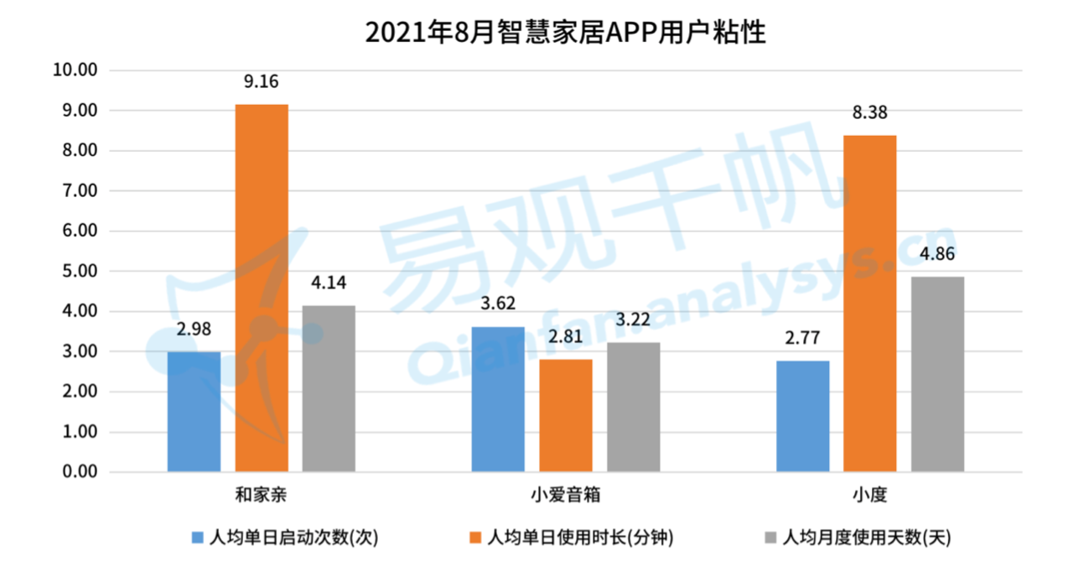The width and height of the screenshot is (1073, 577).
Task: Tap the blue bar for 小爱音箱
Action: click(x=498, y=399)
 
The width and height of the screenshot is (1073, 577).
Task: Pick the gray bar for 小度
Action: click(x=937, y=374)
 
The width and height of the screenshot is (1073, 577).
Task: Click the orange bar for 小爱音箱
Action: click(x=566, y=415)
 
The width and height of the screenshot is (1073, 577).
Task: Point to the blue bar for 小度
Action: click(x=803, y=416)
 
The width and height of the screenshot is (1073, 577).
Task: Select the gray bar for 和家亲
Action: click(x=329, y=388)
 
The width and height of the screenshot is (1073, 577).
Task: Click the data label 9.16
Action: click(x=262, y=82)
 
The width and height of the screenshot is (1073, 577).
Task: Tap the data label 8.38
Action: click(x=870, y=113)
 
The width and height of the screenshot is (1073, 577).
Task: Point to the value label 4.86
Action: click(x=937, y=255)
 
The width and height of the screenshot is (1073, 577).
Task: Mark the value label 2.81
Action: click(x=566, y=337)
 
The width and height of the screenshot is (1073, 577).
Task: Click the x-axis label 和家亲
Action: click(x=262, y=494)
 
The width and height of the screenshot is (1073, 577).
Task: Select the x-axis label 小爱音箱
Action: click(x=566, y=494)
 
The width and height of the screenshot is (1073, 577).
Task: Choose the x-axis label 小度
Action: click(x=870, y=494)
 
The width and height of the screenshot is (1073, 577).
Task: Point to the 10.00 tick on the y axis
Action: click(x=75, y=70)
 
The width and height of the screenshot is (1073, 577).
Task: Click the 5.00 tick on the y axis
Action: click(x=79, y=272)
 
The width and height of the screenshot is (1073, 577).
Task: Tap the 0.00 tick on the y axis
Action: click(x=79, y=472)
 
